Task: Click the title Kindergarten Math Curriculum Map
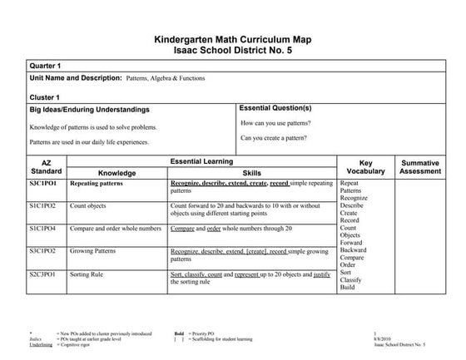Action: pos(232,39)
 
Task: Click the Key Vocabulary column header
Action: pos(365,166)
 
